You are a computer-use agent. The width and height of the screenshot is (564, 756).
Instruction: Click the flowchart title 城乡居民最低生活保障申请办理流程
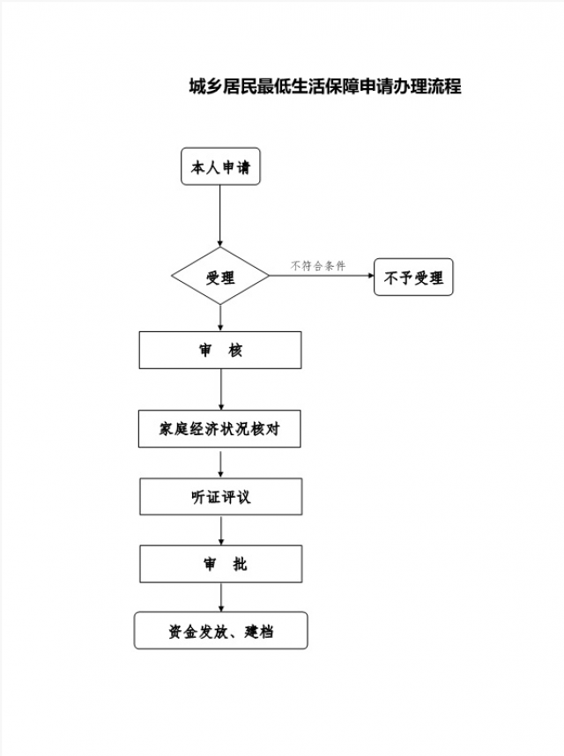pos(325,87)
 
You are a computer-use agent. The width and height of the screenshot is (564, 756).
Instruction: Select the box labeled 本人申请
pos(220,167)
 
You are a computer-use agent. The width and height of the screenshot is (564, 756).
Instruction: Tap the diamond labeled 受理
pos(220,278)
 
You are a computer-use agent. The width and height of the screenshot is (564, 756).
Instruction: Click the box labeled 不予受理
pos(413,278)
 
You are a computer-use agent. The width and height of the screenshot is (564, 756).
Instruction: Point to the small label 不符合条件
pos(318,266)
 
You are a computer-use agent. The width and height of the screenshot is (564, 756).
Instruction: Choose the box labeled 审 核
pos(220,350)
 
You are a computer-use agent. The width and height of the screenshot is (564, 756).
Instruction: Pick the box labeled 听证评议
pos(220,496)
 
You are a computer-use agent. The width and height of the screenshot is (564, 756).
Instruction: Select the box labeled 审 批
pos(220,564)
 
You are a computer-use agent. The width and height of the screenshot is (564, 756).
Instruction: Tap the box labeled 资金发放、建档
pos(220,631)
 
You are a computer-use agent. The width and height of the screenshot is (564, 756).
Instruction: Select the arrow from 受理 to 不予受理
pos(322,277)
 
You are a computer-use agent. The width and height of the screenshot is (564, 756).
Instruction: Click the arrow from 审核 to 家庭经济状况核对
pos(220,389)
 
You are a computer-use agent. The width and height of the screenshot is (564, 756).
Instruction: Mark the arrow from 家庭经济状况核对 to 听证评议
pos(220,464)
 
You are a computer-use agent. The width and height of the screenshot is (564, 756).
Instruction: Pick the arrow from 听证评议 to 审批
pos(220,530)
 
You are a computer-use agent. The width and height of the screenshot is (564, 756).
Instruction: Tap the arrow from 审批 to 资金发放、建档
pos(220,597)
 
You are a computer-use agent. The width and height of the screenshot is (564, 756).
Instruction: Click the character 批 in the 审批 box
pos(240,564)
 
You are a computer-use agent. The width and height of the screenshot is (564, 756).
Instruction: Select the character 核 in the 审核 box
pos(234,350)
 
